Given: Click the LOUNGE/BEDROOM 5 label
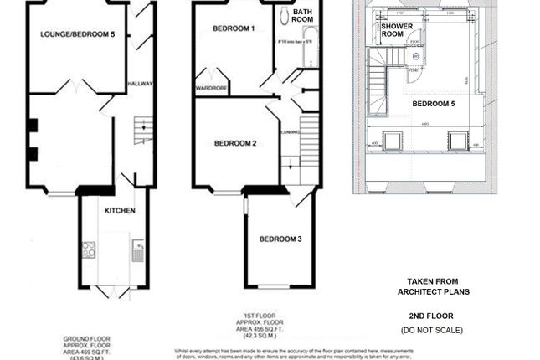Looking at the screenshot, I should tap(77, 33).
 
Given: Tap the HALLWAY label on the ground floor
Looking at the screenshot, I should tap(139, 85).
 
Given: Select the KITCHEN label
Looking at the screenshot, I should tap(120, 210).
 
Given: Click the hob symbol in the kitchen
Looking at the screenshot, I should tap(89, 249).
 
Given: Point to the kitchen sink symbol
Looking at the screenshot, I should tap(138, 250).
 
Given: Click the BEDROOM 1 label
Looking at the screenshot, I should tap(234, 28).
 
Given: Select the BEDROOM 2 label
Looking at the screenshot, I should tap(235, 143).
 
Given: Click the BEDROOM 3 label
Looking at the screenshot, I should tap(280, 239).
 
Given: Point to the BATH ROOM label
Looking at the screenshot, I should tap(302, 15).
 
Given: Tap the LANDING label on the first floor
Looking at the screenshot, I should tap(291, 131).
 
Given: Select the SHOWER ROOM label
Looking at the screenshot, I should tap(397, 30).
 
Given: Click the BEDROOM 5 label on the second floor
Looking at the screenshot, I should tap(434, 104).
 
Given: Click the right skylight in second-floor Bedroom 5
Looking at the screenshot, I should tap(458, 139).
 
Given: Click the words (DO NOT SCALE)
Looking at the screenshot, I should tap(431, 331).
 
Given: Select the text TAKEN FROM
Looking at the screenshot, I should tap(433, 282).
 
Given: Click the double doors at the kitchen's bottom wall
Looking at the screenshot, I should tap(113, 291).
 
